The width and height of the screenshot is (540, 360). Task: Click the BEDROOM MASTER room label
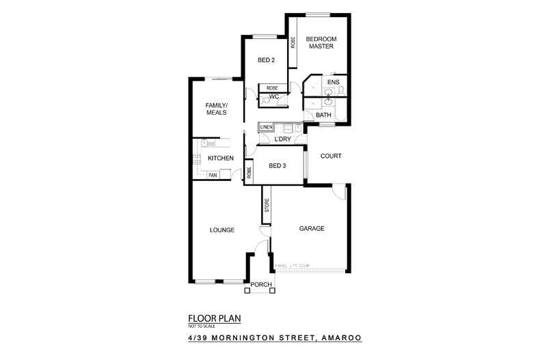pos(319,43)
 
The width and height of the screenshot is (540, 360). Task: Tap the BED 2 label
pos(266,60)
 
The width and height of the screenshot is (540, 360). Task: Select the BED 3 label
pos(278,165)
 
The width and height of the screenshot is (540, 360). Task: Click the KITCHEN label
pos(221,158)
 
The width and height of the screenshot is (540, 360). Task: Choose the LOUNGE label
pos(222,230)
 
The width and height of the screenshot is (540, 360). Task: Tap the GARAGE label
pos(311,229)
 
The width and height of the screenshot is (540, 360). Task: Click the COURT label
pos(329,156)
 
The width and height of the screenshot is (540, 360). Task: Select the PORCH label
pos(261,284)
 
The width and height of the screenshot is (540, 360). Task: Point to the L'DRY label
pos(283,140)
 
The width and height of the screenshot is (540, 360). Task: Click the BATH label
pos(324,115)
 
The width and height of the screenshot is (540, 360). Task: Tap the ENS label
pos(333,83)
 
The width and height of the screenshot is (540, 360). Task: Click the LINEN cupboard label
pos(266,127)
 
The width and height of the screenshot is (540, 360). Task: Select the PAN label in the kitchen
pos(213,175)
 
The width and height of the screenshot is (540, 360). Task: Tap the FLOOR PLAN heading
pos(214,318)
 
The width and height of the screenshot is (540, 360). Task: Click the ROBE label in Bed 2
pos(272,87)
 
